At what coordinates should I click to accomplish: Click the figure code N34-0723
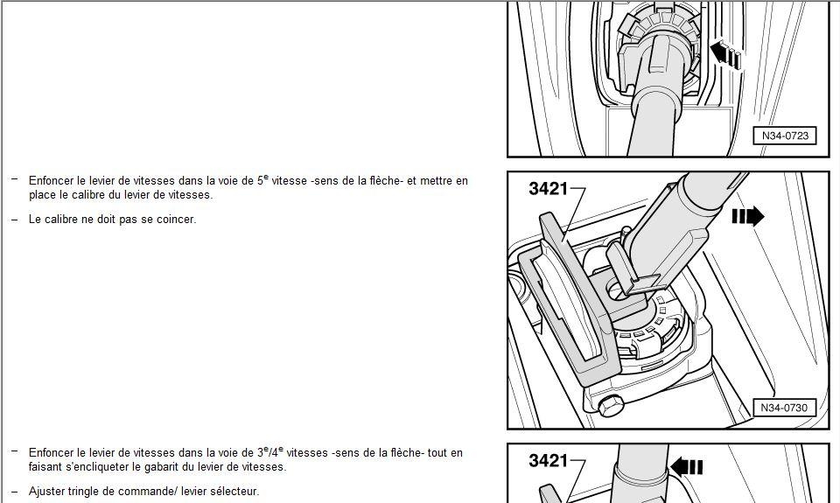coord(785,136)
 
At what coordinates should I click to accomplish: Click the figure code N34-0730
coord(784,408)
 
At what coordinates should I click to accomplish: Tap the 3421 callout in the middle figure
coord(548,188)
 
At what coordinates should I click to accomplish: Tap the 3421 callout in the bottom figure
coord(548,460)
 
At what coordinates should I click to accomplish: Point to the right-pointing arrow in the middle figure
coord(748,216)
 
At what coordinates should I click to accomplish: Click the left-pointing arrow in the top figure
coord(726,54)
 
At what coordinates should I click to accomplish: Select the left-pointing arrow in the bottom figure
coord(686,467)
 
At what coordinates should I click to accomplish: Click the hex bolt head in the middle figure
coord(610,406)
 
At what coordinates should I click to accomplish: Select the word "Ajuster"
coord(46,492)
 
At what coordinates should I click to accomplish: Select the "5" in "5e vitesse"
coord(261,181)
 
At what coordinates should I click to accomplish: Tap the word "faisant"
coord(45,466)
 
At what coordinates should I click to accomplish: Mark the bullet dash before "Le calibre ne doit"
coord(15,219)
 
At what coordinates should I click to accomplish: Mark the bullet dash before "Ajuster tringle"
coord(15,491)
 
